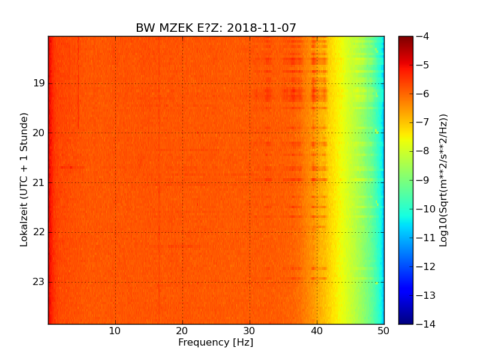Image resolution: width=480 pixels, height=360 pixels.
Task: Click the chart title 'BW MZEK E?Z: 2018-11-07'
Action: click(216, 28)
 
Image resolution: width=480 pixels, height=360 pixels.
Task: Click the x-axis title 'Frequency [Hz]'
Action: click(216, 343)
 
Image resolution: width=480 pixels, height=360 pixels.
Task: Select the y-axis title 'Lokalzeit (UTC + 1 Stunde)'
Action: click(25, 179)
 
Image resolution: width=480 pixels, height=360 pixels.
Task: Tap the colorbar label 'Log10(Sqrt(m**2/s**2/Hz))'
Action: click(444, 180)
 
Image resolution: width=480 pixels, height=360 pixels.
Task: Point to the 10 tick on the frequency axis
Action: click(115, 331)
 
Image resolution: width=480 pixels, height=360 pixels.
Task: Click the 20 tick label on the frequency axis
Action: click(182, 331)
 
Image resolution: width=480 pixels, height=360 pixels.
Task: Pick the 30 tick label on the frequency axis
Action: click(250, 331)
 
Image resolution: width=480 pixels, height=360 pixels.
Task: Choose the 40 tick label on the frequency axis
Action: click(317, 331)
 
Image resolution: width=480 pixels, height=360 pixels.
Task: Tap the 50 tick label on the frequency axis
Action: click(383, 331)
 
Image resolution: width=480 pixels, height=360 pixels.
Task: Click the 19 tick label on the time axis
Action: click(40, 83)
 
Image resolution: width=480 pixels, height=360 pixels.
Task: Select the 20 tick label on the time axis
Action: click(40, 133)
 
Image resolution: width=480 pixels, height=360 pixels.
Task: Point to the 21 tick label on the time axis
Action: click(40, 183)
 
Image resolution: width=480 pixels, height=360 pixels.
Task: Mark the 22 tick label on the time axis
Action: click(40, 232)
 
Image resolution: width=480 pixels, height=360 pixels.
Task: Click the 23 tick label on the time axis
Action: click(40, 282)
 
